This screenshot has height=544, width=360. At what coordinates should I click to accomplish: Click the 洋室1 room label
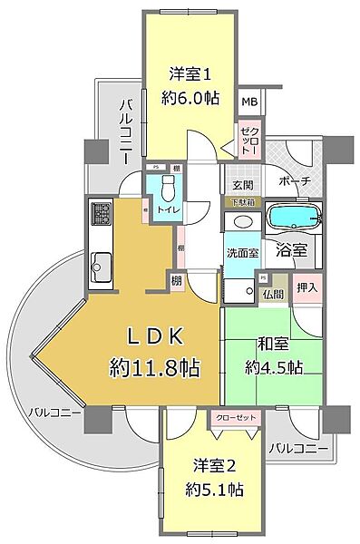pos(189,73)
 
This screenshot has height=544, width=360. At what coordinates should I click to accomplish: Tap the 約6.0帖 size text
pos(189,100)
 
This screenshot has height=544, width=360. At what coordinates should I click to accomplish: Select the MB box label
pos(248,102)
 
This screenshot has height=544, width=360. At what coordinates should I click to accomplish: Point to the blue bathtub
pos(292,219)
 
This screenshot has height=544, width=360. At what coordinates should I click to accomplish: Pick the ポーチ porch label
pos(297,181)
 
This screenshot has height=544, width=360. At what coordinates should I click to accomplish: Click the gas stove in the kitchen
pos(100,215)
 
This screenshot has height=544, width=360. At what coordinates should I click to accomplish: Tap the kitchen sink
pos(100,265)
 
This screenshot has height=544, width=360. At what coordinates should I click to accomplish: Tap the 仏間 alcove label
pos(273,293)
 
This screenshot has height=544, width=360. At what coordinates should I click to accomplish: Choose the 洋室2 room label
pos(215,466)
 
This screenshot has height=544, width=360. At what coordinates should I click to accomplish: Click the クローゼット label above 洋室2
pos(235,419)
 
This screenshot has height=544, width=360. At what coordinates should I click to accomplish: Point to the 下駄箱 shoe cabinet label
pos(239,201)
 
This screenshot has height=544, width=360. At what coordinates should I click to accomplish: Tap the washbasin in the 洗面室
pos(241,221)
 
